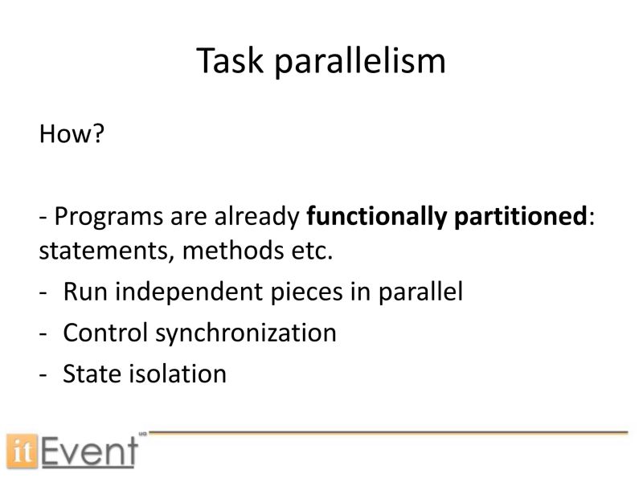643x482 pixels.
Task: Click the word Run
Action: click(x=84, y=292)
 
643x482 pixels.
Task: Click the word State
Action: click(x=92, y=374)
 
